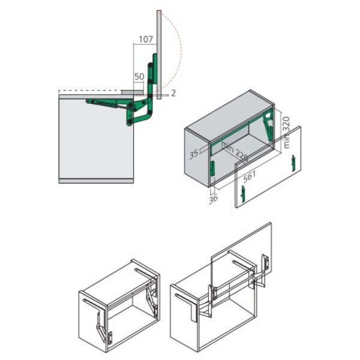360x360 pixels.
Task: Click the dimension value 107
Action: (x=145, y=40)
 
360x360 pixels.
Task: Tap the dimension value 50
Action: (x=139, y=77)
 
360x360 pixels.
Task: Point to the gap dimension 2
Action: (x=173, y=93)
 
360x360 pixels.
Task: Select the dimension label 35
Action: (x=194, y=154)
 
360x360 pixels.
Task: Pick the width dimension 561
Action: (x=251, y=176)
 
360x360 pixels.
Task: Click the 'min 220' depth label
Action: (x=235, y=151)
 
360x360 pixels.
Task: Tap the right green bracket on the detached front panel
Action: (x=293, y=161)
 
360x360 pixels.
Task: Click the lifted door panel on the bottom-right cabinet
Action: (x=240, y=252)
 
